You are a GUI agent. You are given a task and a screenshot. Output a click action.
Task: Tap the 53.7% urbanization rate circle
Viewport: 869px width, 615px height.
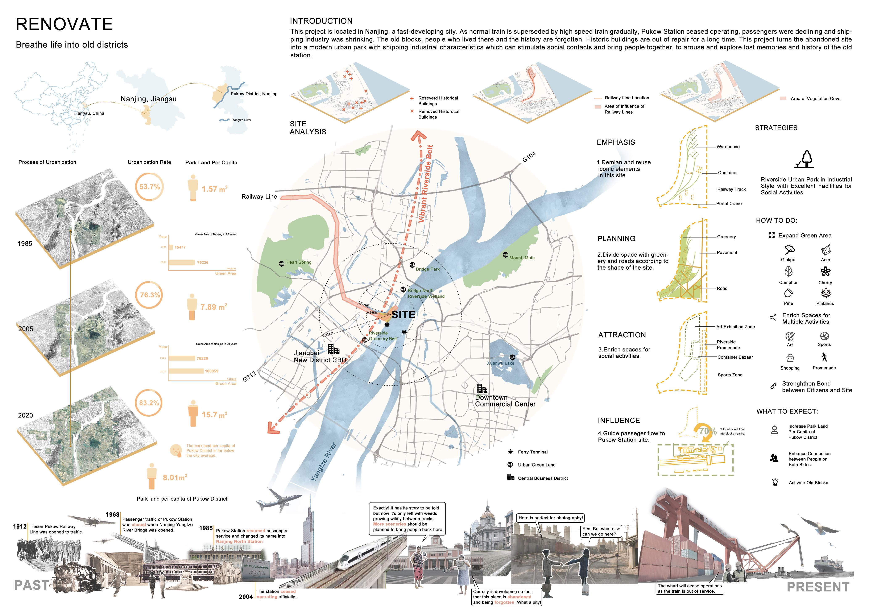pos(149,187)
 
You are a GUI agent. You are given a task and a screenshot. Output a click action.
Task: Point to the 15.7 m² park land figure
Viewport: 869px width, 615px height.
pos(214,415)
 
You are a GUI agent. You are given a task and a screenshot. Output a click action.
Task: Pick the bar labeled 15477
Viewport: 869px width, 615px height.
pos(171,247)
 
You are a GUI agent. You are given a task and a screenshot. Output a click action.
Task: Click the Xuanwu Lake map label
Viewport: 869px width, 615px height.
pos(500,363)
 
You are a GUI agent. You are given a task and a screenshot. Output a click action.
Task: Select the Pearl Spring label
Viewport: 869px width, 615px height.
pos(299,262)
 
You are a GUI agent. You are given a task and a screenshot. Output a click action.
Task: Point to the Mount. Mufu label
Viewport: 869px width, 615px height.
pos(522,258)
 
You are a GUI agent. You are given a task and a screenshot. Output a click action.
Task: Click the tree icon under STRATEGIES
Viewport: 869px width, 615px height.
pos(805,159)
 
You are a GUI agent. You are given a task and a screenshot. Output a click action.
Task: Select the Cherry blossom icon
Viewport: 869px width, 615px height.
pos(825,272)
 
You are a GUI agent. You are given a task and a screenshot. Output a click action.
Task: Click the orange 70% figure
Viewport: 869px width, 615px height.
pos(707,431)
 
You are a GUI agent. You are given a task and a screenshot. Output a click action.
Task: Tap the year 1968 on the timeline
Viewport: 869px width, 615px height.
pos(112,515)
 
